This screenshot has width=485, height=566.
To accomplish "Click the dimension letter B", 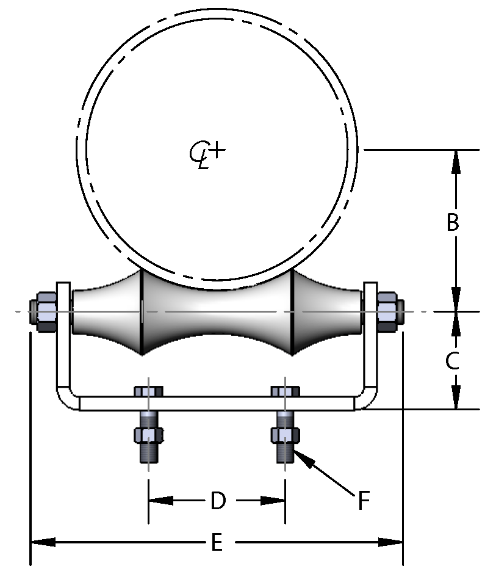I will pos(452,223).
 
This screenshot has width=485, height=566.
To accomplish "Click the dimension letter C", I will pos(452,361).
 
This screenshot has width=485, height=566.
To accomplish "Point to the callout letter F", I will pos(364,501).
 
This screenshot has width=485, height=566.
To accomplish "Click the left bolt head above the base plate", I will pos(148,391).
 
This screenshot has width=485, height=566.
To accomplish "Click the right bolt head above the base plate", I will pos(285,391).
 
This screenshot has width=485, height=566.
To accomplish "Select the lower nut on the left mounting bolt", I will pos(148,435).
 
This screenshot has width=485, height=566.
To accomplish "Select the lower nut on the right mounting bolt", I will pos(285,435).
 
